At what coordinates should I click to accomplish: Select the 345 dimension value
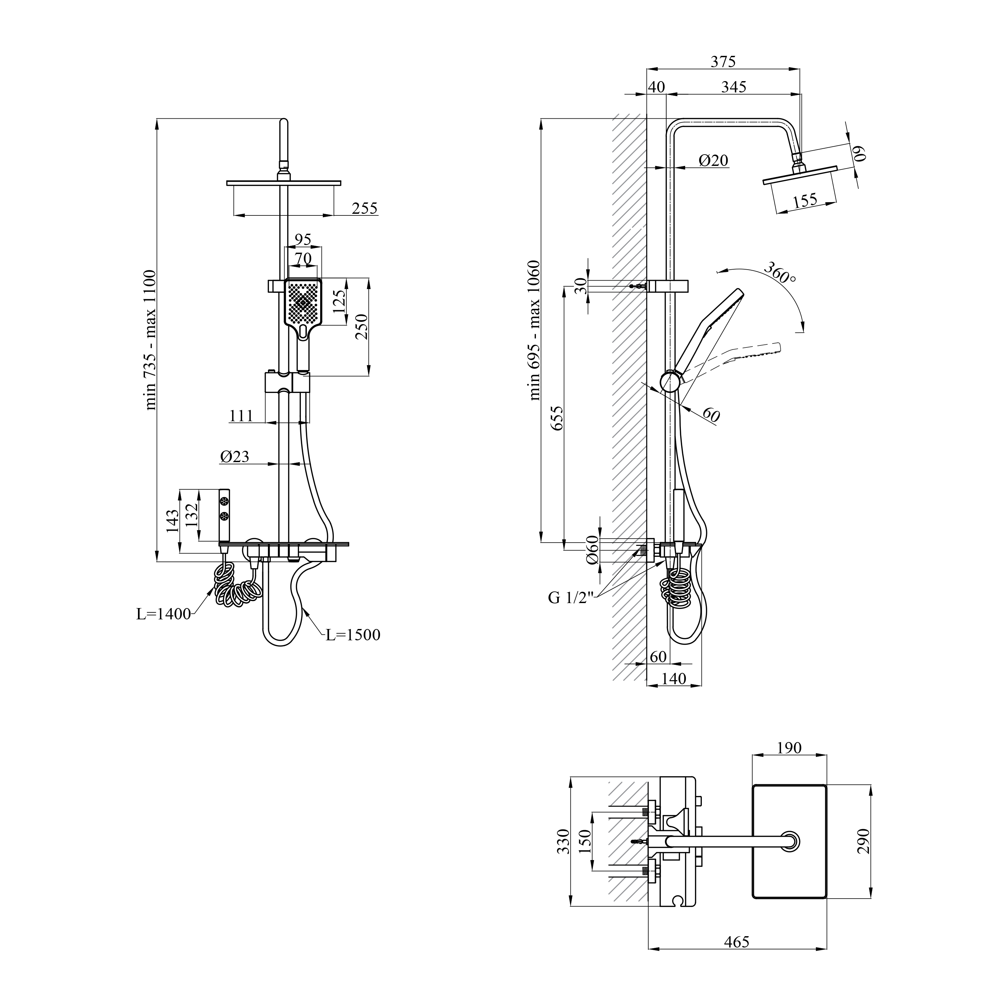coord(733,87)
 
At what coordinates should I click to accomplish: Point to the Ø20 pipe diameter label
coord(713,161)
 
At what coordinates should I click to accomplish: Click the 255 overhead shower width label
coord(364,208)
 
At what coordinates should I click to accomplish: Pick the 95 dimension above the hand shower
coord(303,240)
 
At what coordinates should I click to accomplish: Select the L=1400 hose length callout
coord(164,614)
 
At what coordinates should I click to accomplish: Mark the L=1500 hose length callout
coord(353,635)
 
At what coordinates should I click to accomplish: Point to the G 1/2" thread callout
coord(571,598)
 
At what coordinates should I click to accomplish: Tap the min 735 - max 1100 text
coord(150,340)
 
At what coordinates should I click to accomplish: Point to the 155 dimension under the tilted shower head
coord(805,201)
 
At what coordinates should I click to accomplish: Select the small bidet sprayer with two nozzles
coord(225,516)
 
